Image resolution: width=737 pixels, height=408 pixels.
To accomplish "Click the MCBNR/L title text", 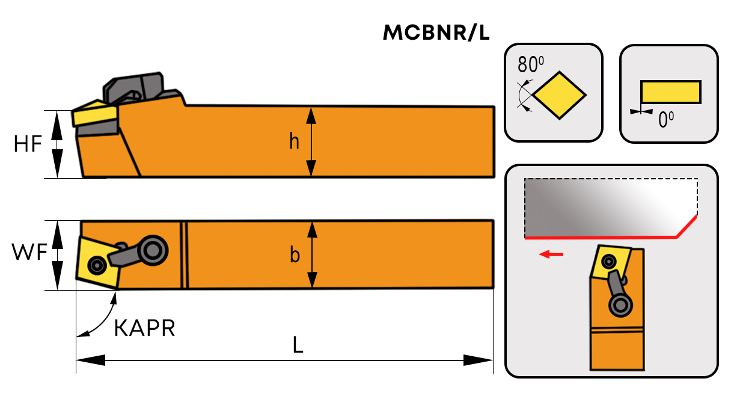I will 436,33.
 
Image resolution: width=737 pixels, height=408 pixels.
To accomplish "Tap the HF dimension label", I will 28,144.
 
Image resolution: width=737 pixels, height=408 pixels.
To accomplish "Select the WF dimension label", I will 29,253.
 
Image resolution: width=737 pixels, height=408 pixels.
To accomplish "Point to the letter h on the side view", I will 294,141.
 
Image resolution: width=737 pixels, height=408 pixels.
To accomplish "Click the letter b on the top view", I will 295,255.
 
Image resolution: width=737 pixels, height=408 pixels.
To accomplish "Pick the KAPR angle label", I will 144,329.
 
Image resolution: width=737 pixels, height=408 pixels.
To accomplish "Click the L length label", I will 298,345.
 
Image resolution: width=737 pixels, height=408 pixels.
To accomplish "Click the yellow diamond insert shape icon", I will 560,94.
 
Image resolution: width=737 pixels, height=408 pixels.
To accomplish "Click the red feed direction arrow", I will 551,255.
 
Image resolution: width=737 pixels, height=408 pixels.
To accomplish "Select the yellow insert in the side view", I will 94,114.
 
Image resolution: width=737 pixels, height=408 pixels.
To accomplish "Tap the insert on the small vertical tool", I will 610,262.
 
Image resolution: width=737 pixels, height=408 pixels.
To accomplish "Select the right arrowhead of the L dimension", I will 479,360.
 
